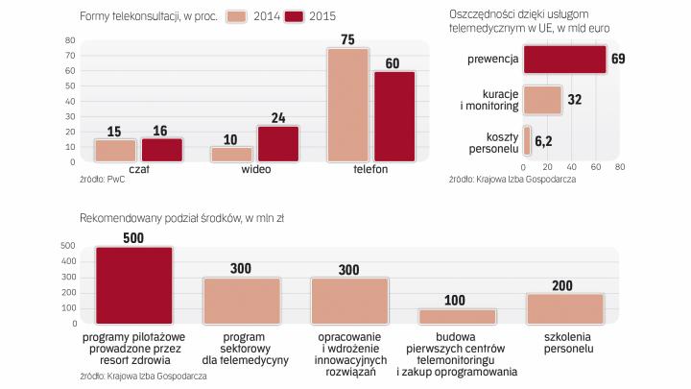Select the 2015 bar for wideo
click(x=278, y=142)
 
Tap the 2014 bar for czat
click(x=115, y=150)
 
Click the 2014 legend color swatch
click(x=238, y=15)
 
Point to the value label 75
click(x=347, y=39)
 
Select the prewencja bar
click(x=564, y=60)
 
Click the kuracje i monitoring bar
click(x=542, y=99)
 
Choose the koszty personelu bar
click(x=527, y=140)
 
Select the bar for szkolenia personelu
click(x=565, y=307)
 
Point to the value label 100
click(x=456, y=300)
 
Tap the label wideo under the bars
click(x=255, y=168)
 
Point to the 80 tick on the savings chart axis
click(x=619, y=166)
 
